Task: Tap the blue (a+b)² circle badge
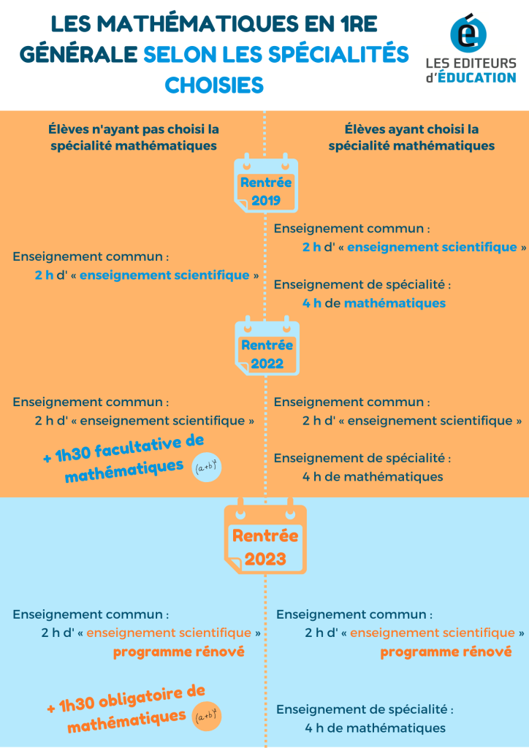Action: point(207,466)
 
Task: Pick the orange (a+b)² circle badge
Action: point(207,717)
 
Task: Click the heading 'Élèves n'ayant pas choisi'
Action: point(134,129)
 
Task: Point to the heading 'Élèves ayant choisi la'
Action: point(411,129)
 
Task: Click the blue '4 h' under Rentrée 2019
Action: point(311,303)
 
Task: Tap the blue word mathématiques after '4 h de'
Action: point(395,303)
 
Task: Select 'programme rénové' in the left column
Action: point(179,652)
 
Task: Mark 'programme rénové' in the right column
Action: point(446,652)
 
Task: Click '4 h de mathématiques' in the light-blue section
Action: point(376,728)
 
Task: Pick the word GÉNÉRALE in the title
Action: point(78,55)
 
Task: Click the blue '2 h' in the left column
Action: point(44,275)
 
